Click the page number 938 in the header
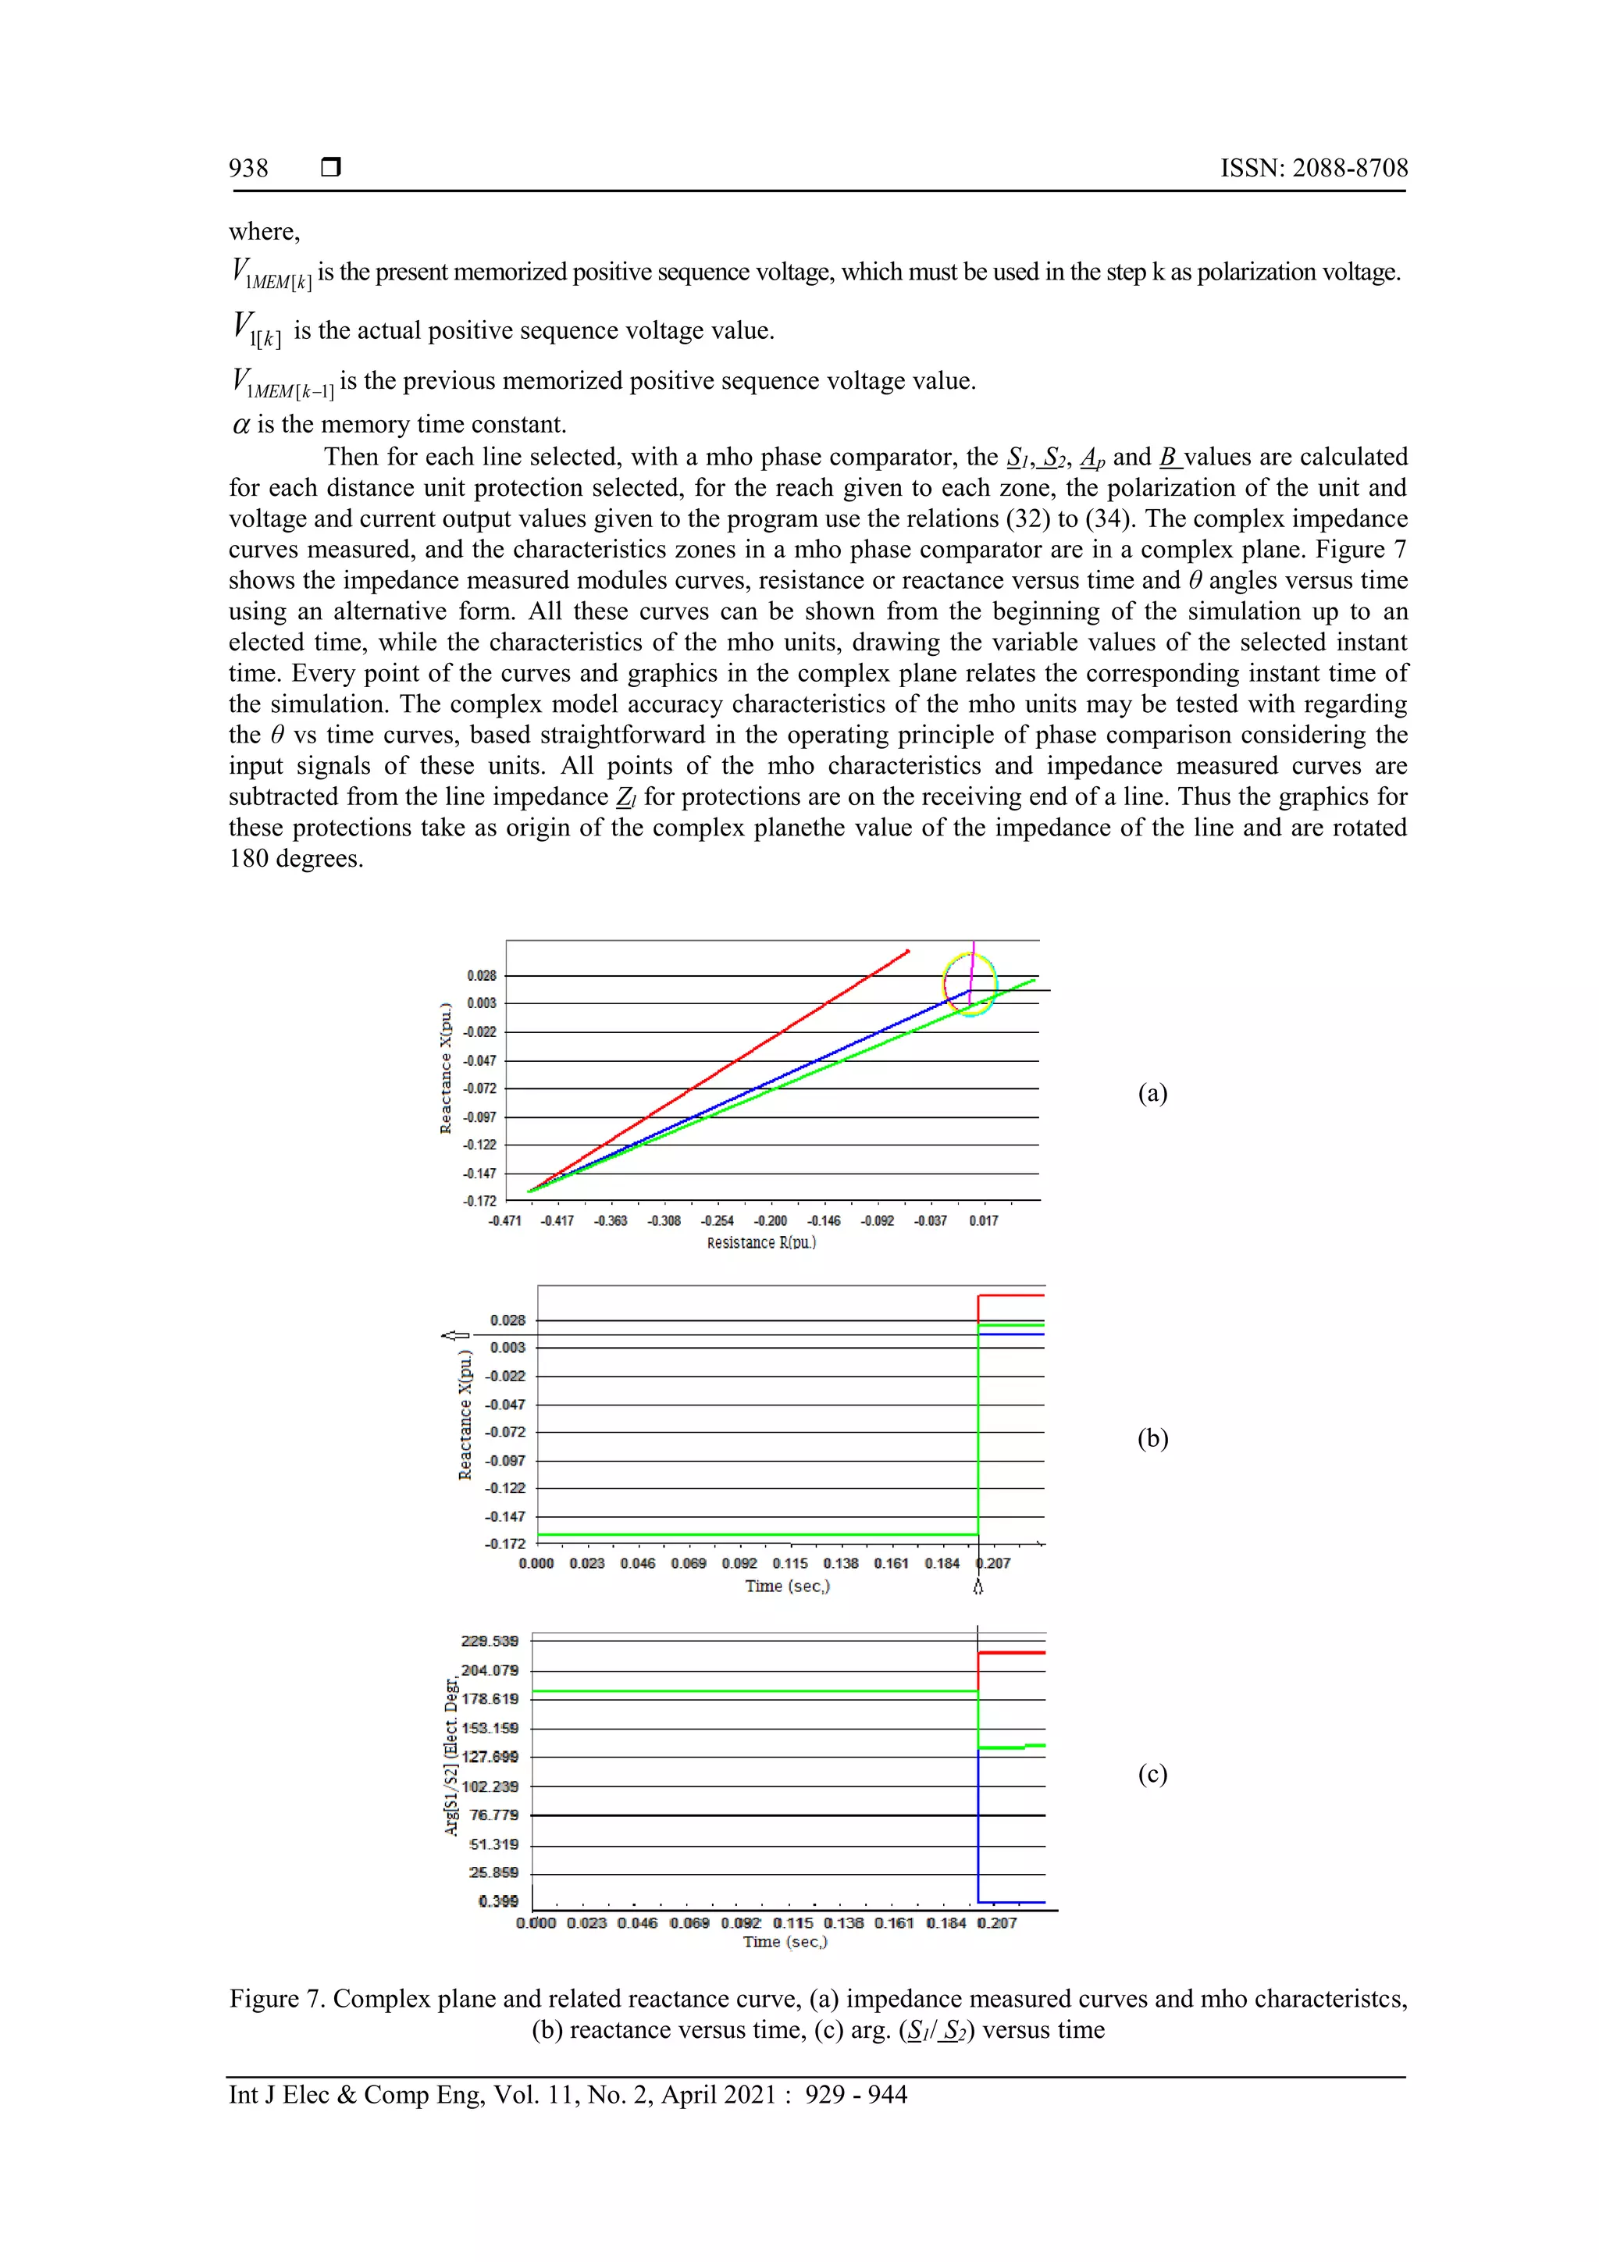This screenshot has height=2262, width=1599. (x=248, y=169)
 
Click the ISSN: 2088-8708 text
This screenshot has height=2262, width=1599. (x=1313, y=169)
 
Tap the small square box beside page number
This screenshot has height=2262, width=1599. (x=331, y=167)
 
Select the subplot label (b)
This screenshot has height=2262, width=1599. (x=1152, y=1438)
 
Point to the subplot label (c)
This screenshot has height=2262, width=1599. (x=1152, y=1773)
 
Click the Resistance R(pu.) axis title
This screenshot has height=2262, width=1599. (x=760, y=1243)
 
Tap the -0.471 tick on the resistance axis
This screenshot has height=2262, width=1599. (x=504, y=1220)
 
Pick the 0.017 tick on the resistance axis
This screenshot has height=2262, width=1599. (x=983, y=1220)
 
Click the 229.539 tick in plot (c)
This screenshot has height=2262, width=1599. (x=490, y=1641)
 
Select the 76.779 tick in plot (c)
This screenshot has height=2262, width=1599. (x=493, y=1815)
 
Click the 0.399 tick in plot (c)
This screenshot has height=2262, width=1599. (x=499, y=1901)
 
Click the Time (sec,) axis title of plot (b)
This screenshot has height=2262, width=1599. (x=787, y=1586)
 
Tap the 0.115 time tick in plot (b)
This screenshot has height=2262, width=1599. (x=790, y=1563)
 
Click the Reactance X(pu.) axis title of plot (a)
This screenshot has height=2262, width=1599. (x=445, y=1068)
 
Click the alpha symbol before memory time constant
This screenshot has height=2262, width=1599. (x=240, y=426)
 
